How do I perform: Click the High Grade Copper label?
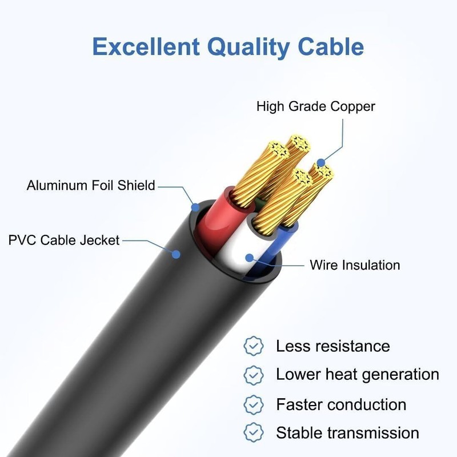tap(315, 107)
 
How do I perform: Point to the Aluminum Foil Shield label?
tap(91, 186)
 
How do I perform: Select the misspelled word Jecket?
tap(99, 239)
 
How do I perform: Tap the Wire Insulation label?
tap(355, 265)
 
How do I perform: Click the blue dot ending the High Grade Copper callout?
tap(320, 163)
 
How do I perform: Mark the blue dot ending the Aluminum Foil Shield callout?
tap(195, 206)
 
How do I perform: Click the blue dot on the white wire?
tap(249, 257)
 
